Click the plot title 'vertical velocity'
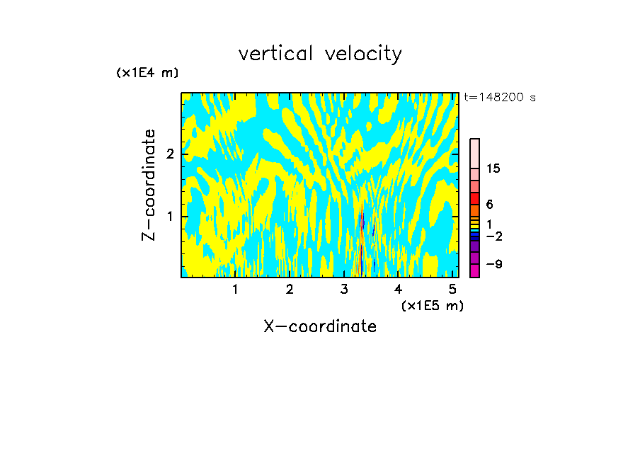pyautogui.click(x=320, y=54)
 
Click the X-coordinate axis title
pyautogui.click(x=320, y=326)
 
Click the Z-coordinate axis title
pyautogui.click(x=149, y=185)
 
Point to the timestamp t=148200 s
pyautogui.click(x=500, y=98)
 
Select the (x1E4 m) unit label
pyautogui.click(x=147, y=73)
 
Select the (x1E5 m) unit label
pyautogui.click(x=432, y=305)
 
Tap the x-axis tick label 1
pyautogui.click(x=235, y=290)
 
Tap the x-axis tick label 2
pyautogui.click(x=290, y=290)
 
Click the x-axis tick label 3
pyautogui.click(x=344, y=290)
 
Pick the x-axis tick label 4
pyautogui.click(x=399, y=290)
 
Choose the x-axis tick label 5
pyautogui.click(x=452, y=290)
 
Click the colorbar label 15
pyautogui.click(x=493, y=168)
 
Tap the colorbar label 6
pyautogui.click(x=489, y=205)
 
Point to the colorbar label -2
pyautogui.click(x=493, y=236)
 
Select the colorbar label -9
pyautogui.click(x=493, y=264)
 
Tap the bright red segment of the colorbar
pyautogui.click(x=474, y=198)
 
